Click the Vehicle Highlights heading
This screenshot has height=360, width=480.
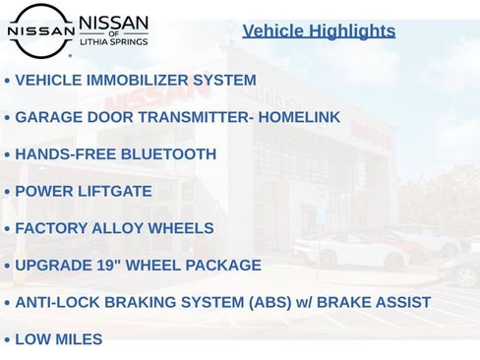click(x=319, y=30)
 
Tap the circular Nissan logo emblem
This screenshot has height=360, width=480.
click(x=40, y=30)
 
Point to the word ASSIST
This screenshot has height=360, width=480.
click(x=400, y=302)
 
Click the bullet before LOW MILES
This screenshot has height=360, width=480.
click(x=7, y=340)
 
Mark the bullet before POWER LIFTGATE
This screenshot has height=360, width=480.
click(x=7, y=192)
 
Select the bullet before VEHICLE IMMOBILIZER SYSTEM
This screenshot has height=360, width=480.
click(x=7, y=81)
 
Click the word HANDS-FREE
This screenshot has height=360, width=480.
click(x=62, y=154)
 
